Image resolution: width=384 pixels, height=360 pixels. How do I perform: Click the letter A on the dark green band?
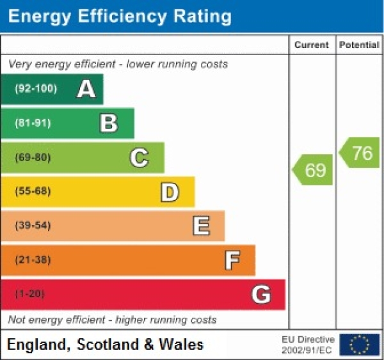[86, 89]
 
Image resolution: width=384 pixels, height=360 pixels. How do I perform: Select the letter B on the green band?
[109, 123]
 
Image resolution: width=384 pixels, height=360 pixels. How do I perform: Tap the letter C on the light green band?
[139, 157]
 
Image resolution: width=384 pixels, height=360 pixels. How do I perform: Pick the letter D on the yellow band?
[170, 191]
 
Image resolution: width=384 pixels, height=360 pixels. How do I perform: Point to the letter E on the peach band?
[201, 226]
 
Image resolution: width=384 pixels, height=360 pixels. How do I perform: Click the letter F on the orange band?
[232, 260]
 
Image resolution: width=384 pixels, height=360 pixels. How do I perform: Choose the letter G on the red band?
[261, 294]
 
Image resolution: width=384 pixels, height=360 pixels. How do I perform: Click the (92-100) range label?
[35, 89]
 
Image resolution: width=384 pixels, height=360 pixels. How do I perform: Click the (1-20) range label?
[29, 294]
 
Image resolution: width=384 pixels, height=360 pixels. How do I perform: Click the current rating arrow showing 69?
[314, 170]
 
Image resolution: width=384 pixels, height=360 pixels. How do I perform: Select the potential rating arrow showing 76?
[360, 153]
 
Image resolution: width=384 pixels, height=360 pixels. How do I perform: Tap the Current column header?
[312, 45]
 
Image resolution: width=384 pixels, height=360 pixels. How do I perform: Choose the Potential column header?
[360, 45]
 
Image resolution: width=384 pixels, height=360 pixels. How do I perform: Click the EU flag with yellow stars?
[359, 344]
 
